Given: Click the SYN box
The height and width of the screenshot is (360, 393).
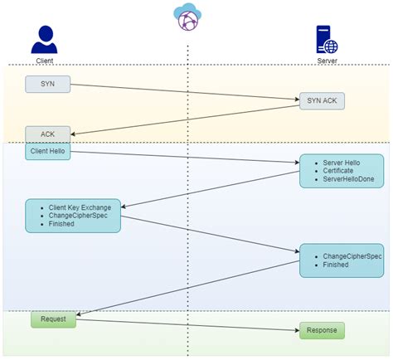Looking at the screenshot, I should tap(47, 85).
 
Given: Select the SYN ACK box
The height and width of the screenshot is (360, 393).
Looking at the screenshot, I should tap(321, 101).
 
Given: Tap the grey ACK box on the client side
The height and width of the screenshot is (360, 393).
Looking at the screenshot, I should tap(47, 133).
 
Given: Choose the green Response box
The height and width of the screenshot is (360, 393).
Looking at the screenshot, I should tap(321, 331).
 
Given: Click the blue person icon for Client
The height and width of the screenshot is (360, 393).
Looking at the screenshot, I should tap(45, 39).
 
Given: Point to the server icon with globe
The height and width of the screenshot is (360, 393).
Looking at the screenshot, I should tap(327, 40).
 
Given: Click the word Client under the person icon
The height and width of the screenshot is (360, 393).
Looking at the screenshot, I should tap(45, 61).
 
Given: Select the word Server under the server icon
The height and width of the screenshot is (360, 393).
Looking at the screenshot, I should tap(327, 61).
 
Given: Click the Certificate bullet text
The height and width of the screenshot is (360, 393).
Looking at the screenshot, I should tap(338, 171).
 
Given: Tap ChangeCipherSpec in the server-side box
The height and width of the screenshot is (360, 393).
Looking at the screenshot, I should tap(350, 256).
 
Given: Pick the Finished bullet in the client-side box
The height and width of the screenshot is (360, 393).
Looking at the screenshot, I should tap(61, 224).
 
